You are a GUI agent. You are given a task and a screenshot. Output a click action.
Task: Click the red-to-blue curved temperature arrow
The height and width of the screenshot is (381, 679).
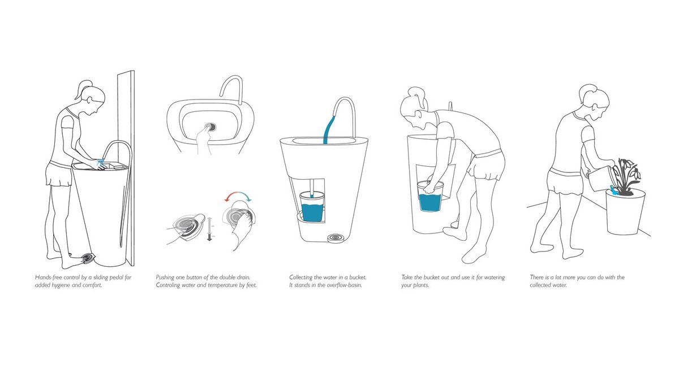pos(238,193)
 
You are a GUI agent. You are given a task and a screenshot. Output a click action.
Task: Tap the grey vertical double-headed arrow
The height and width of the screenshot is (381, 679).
pos(209,229)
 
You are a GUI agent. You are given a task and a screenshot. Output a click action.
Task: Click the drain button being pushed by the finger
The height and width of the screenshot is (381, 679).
pos(210,127)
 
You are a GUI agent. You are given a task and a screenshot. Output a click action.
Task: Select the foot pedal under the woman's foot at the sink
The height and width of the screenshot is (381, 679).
pos(88,259)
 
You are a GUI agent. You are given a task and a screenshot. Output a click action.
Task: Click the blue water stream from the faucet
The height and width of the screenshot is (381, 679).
pos(329,129)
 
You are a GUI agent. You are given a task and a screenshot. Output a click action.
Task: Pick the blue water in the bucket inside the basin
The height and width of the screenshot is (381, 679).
pos(312,213)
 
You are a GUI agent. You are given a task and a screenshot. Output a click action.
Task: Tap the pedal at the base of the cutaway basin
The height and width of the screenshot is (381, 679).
pos(335,238)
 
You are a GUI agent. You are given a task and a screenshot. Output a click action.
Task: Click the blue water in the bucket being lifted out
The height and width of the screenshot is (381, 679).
pos(430,202)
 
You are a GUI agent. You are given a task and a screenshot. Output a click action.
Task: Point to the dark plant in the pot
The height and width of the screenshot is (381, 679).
pos(627,176)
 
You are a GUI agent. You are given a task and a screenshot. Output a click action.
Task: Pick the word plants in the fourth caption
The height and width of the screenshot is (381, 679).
pos(422,285)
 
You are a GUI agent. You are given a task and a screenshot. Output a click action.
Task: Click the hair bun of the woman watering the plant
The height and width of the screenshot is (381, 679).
pos(588,89)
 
